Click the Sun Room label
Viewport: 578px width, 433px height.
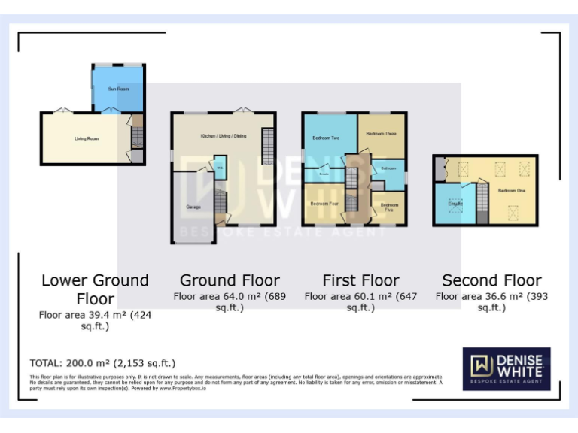pyautogui.click(x=118, y=89)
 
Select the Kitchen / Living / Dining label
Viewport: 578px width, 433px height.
pyautogui.click(x=223, y=135)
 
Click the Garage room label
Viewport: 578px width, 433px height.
pyautogui.click(x=193, y=206)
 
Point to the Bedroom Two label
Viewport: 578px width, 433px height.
pyautogui.click(x=326, y=138)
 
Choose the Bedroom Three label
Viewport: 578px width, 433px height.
pyautogui.click(x=381, y=133)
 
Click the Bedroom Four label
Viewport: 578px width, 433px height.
pyautogui.click(x=324, y=203)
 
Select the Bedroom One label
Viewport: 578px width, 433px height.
pyautogui.click(x=510, y=190)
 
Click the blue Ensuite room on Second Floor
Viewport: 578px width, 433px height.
pyautogui.click(x=455, y=204)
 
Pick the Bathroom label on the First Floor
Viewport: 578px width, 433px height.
pyautogui.click(x=388, y=168)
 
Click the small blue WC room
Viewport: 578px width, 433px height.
pyautogui.click(x=219, y=167)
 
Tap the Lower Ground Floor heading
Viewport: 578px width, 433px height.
pyautogui.click(x=95, y=289)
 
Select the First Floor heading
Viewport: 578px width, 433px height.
pyautogui.click(x=360, y=280)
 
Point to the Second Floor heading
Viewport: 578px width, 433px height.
pyautogui.click(x=491, y=280)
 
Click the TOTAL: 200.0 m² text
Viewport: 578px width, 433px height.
pyautogui.click(x=102, y=363)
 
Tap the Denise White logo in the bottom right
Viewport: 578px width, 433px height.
pyautogui.click(x=506, y=368)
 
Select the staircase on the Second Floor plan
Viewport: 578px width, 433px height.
pyautogui.click(x=482, y=203)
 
